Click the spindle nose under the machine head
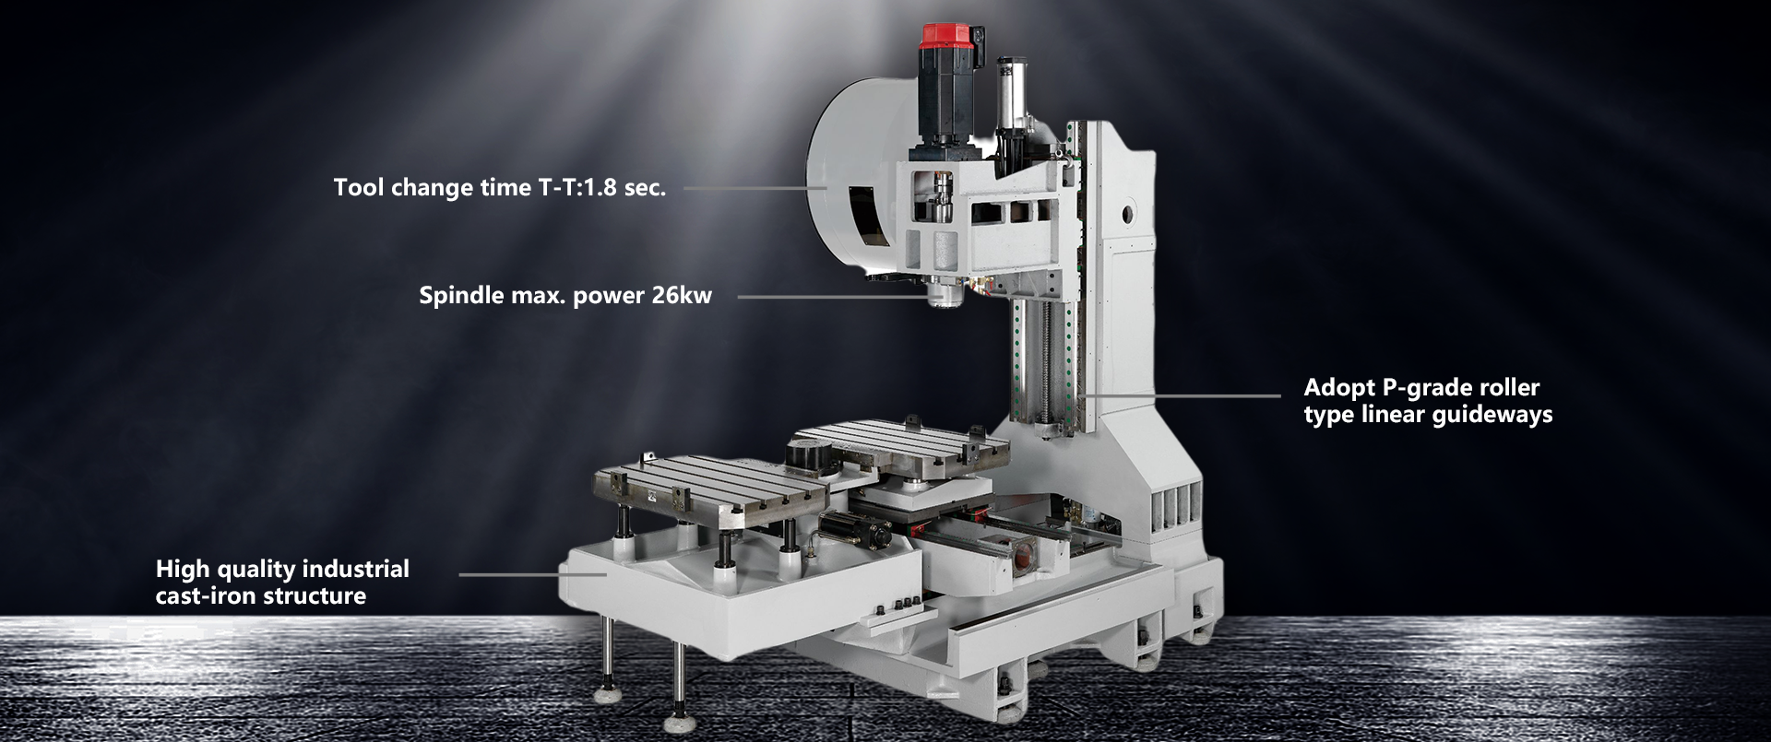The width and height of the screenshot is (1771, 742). coord(945,296)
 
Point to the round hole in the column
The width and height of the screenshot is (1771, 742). coord(1130,216)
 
